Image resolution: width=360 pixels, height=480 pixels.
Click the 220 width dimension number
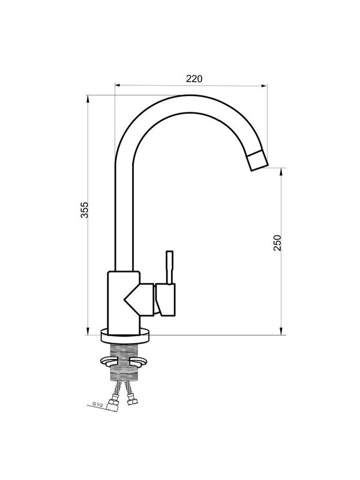click(x=194, y=79)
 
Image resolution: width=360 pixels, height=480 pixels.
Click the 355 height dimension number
click(x=84, y=210)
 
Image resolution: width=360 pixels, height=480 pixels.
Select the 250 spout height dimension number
click(x=277, y=243)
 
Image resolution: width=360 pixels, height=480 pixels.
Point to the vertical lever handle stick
click(x=169, y=268)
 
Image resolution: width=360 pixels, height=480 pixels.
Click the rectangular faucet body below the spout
click(x=124, y=303)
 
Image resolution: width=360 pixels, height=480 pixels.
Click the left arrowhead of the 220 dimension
click(x=118, y=86)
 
